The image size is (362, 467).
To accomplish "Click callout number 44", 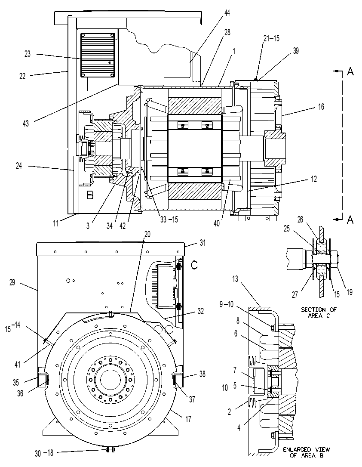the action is (x=227, y=13).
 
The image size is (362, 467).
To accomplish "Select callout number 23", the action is (x=28, y=54).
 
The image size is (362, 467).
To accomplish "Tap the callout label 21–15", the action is (x=271, y=38).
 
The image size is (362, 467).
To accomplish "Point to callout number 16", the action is (x=321, y=106).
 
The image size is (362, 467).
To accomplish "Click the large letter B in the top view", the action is (x=90, y=195).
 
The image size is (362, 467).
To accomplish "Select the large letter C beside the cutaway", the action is (x=194, y=265).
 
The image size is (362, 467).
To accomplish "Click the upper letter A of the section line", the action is (x=350, y=71).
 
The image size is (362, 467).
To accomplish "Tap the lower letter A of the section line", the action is (x=350, y=220).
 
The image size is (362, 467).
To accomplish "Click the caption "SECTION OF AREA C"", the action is (x=319, y=312).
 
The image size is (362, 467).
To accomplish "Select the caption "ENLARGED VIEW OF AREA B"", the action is (x=307, y=452).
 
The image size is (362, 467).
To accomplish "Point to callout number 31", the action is (x=202, y=243).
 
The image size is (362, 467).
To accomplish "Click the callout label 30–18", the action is (x=44, y=453).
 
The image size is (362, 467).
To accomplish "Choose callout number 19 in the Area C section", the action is (x=350, y=292).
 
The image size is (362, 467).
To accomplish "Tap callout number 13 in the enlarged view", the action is (x=235, y=279).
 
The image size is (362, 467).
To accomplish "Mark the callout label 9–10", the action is (x=227, y=304).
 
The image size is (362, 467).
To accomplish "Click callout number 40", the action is (x=217, y=223).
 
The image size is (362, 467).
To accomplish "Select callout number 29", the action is (x=12, y=282).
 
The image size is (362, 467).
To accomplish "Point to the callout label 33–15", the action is (x=169, y=220).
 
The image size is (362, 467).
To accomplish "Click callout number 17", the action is (x=188, y=419).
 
